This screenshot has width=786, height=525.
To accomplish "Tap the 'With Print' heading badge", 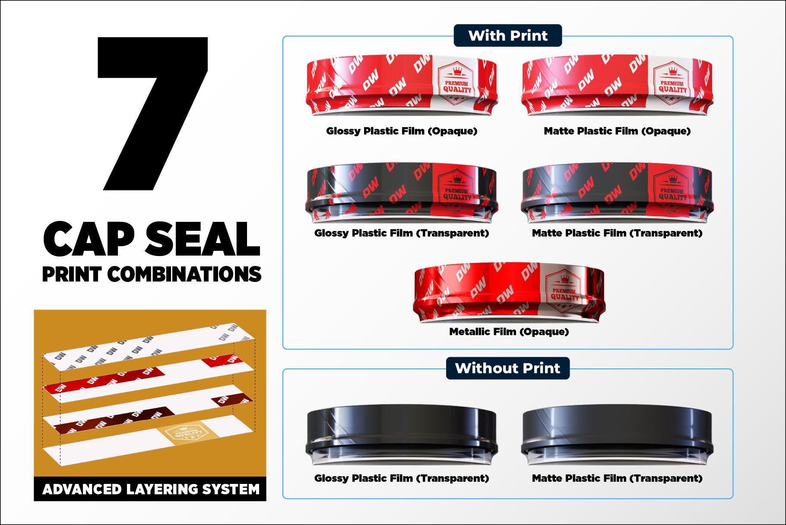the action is tap(508, 35).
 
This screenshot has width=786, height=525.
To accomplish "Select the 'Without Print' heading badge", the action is tap(508, 368).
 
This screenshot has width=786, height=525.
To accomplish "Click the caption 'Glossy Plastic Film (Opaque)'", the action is tap(402, 131).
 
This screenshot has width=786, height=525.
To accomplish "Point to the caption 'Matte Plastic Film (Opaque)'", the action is tap(617, 131).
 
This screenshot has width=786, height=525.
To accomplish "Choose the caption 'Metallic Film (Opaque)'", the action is tap(509, 332).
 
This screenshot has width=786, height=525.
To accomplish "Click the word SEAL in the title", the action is tap(203, 239).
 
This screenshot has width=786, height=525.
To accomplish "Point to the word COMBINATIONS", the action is tap(184, 274).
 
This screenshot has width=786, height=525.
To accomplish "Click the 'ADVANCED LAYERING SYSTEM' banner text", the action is tap(151, 489).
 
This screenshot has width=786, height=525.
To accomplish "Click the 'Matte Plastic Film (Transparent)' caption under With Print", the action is tap(617, 233).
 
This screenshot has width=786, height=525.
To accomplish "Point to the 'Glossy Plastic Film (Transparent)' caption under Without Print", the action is tap(402, 478).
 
